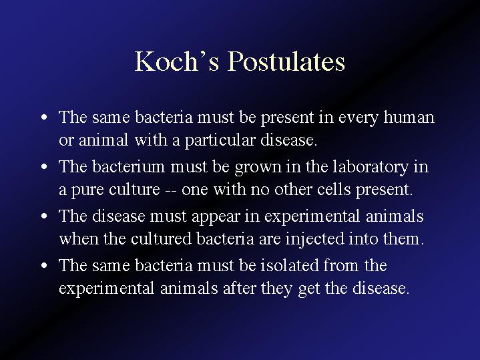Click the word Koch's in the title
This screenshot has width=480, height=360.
pos(177,61)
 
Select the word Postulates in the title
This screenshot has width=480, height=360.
pos(286,61)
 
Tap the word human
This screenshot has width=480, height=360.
pos(409,117)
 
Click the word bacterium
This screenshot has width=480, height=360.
pos(129,166)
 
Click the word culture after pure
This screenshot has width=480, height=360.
pos(134,189)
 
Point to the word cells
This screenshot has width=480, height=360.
pos(334,189)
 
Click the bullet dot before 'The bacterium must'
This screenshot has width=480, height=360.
pos(44,167)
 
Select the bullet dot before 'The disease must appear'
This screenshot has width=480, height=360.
pos(44,216)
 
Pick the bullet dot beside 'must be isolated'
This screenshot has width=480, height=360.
pos(44,265)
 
